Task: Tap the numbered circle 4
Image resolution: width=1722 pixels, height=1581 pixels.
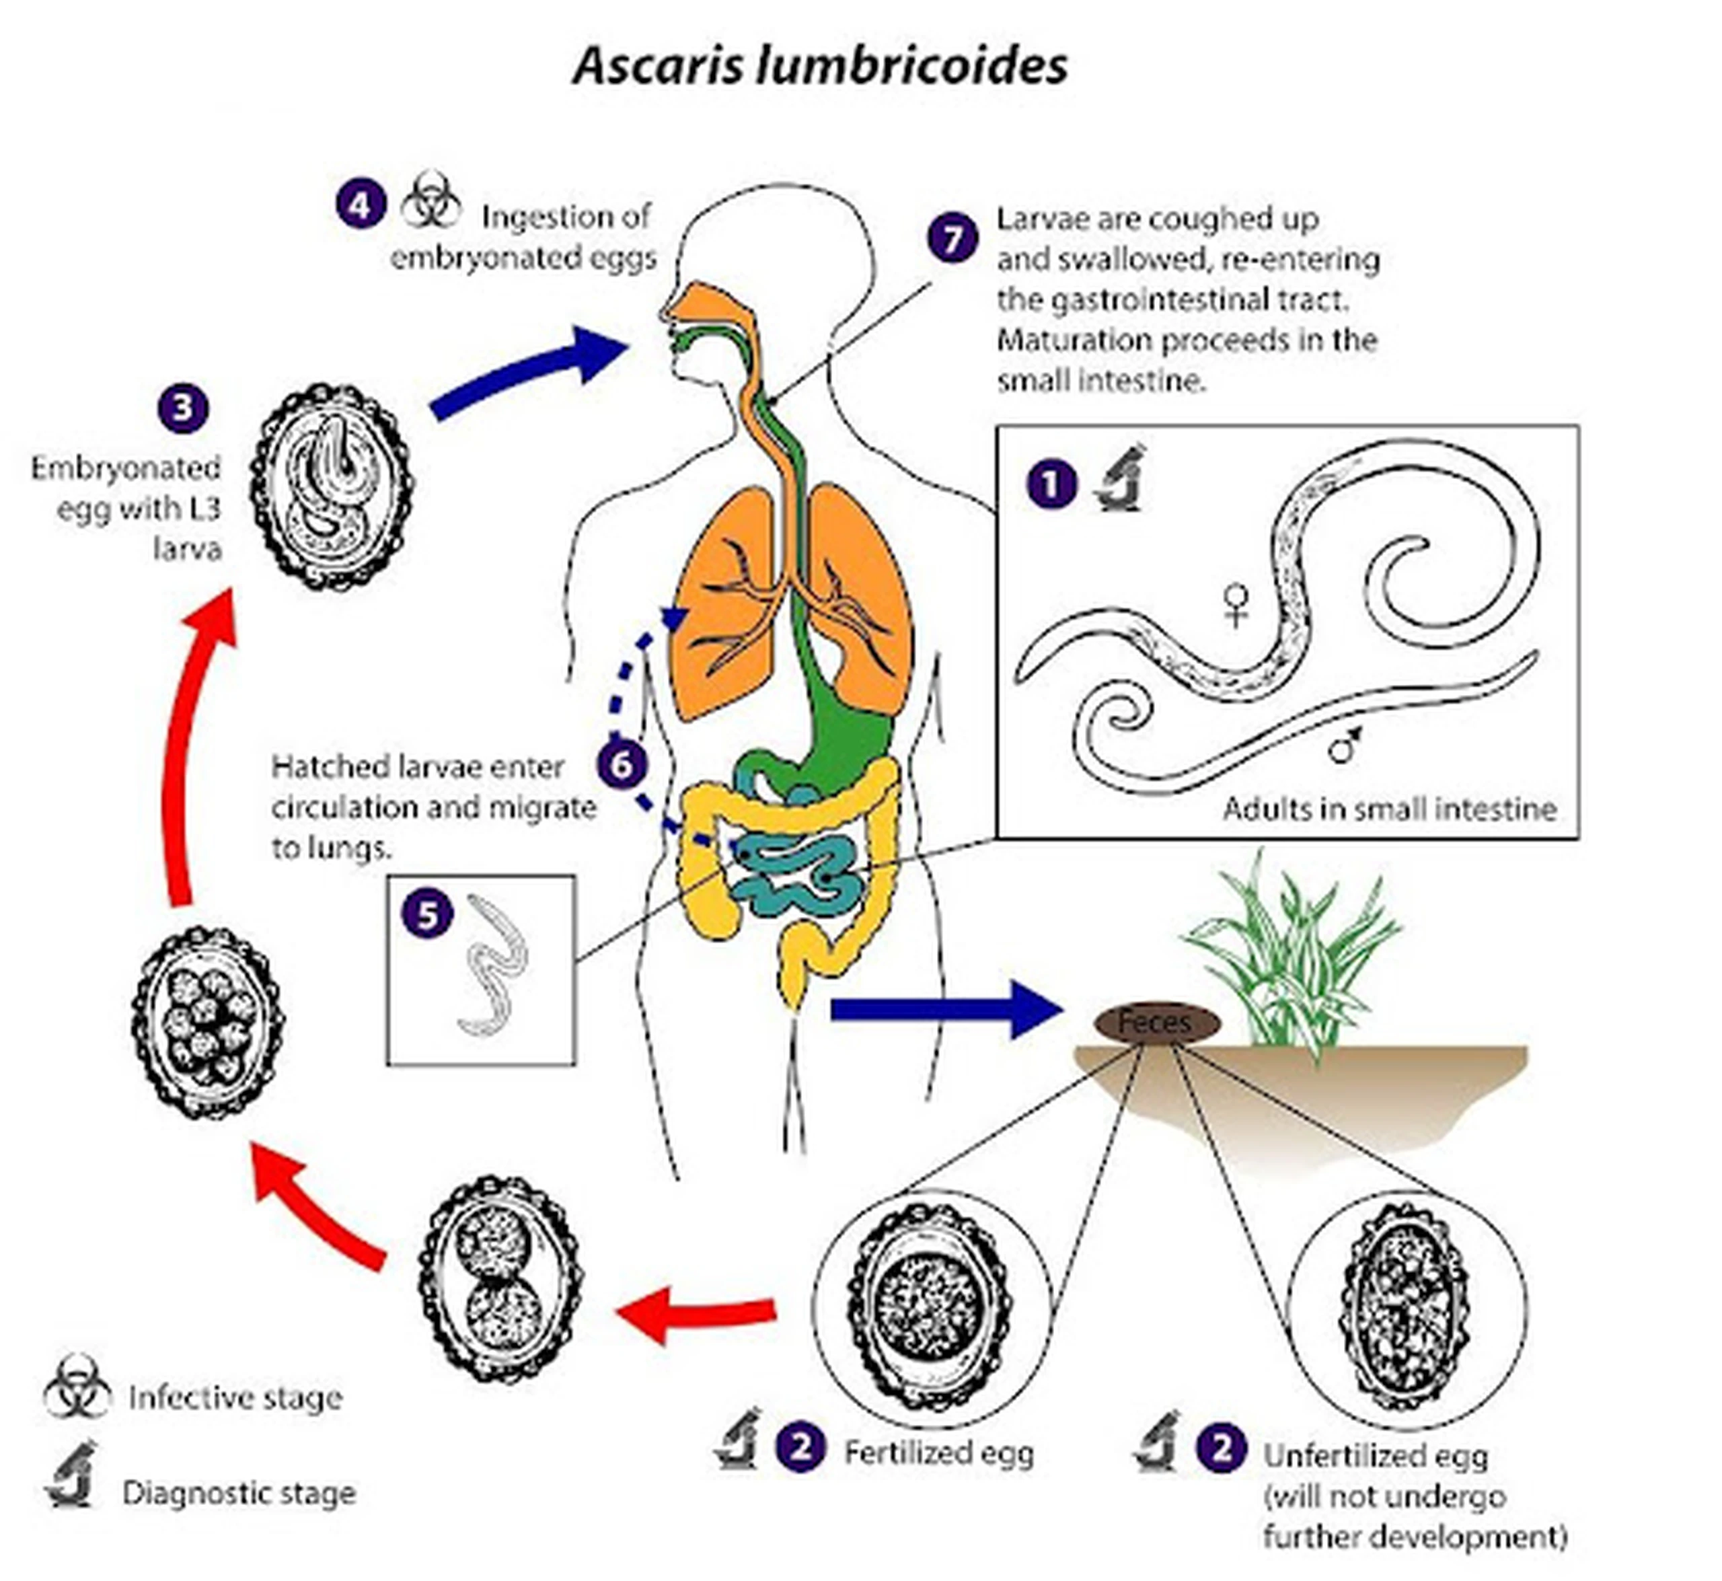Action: (x=360, y=205)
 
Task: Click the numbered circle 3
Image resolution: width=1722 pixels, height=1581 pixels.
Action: (x=183, y=408)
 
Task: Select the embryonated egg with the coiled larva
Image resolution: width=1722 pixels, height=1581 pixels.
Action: (x=332, y=487)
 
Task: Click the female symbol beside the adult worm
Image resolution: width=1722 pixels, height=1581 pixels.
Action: (x=1235, y=604)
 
